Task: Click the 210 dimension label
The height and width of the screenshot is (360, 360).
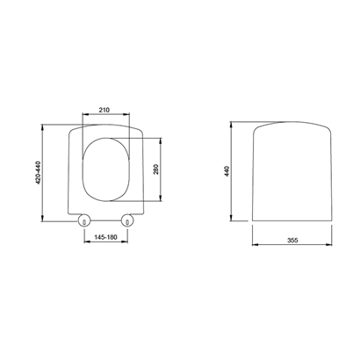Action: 104,110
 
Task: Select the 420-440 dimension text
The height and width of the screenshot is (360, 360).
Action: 38,173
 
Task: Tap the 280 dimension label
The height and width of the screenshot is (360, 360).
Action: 155,169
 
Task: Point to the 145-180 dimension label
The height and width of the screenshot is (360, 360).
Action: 105,237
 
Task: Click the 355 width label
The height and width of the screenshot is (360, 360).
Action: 292,241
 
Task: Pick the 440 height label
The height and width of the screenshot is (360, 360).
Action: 227,171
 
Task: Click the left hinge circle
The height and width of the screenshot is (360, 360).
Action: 84,220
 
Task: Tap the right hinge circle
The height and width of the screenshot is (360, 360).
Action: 127,220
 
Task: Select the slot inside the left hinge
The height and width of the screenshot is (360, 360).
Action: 84,222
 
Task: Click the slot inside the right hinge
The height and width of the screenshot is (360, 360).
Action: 127,222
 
